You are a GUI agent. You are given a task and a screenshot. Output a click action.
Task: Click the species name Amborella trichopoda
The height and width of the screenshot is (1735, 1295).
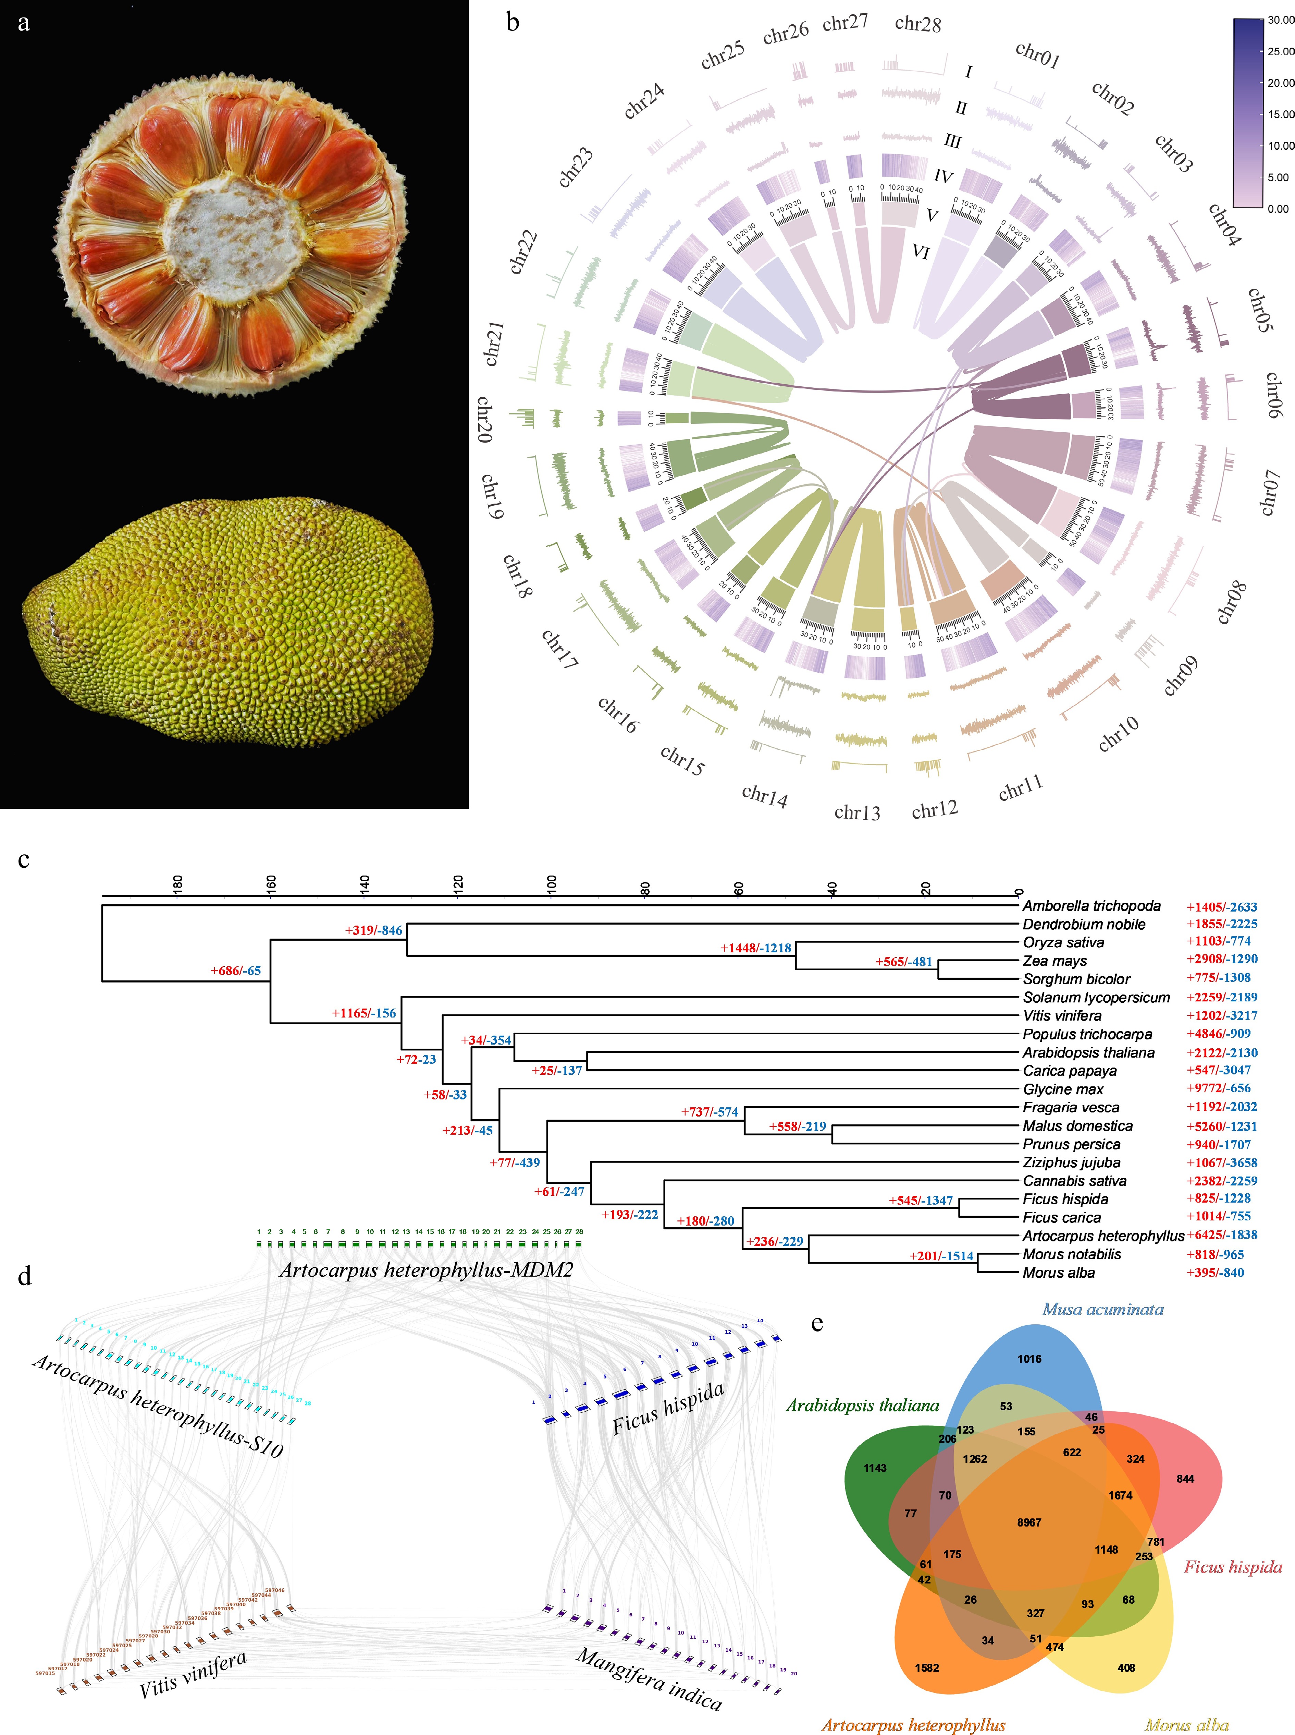tap(1091, 906)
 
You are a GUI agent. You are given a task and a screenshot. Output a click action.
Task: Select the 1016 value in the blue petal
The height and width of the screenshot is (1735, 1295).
tap(1029, 1359)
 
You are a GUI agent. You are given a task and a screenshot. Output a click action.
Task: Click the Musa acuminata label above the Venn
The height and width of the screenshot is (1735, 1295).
tap(1102, 1309)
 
